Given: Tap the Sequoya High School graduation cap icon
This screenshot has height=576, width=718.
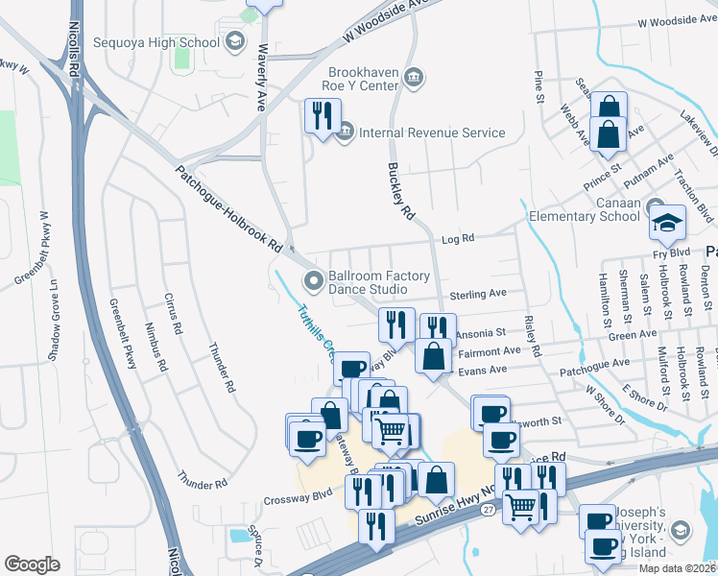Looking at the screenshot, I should [x=234, y=41].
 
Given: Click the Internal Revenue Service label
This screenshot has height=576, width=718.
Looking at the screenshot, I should [x=432, y=132].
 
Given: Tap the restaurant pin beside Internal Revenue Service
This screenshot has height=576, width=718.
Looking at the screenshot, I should [x=322, y=116].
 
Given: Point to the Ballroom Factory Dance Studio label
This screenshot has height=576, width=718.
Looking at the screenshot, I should [x=379, y=282].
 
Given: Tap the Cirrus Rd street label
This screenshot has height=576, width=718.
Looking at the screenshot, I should [x=174, y=313].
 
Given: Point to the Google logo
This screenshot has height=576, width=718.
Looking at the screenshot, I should [x=32, y=564].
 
